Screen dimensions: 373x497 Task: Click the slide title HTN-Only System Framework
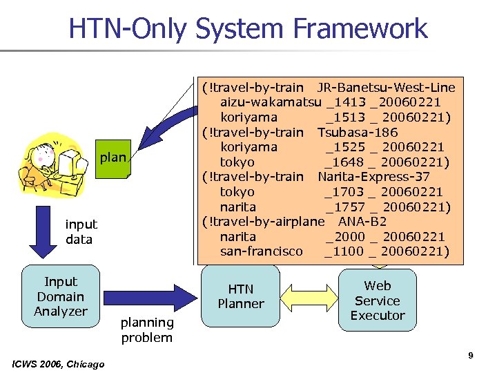tap(248, 28)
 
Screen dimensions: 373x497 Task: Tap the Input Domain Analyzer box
tap(61, 296)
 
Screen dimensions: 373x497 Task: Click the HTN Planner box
tap(241, 296)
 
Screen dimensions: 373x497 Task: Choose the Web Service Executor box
tap(377, 300)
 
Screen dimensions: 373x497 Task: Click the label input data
tap(81, 232)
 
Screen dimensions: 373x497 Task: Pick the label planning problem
tap(146, 329)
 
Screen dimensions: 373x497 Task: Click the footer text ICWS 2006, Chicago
tap(59, 364)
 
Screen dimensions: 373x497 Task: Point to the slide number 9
tap(470, 356)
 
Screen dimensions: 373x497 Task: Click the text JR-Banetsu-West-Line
tap(386, 87)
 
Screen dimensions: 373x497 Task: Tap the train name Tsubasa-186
tap(357, 132)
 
